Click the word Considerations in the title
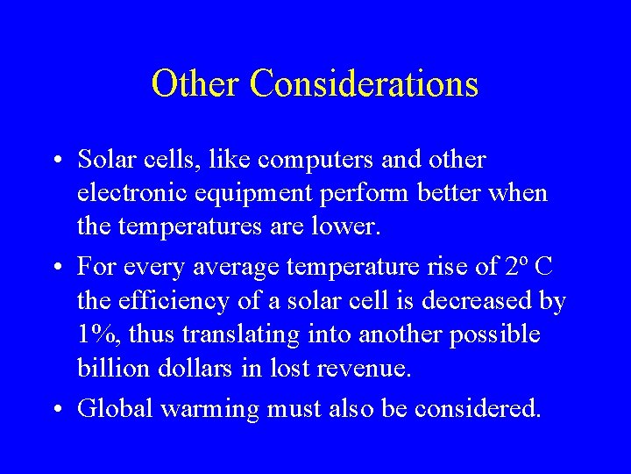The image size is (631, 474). (364, 84)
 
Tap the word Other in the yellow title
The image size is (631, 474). (195, 84)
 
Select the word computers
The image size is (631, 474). (311, 161)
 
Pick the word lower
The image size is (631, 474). (347, 227)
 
